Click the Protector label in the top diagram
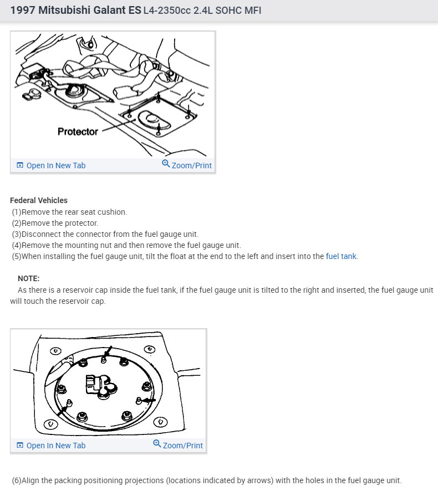(x=78, y=132)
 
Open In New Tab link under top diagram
(x=55, y=165)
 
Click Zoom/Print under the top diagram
(x=191, y=165)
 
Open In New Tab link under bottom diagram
(x=55, y=446)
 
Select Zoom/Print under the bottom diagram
(x=182, y=446)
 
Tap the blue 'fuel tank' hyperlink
(x=342, y=256)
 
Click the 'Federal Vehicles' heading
(x=39, y=200)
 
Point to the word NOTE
(x=29, y=278)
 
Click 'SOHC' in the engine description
(x=232, y=11)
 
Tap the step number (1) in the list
(x=17, y=211)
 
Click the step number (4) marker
(x=17, y=245)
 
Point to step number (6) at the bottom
(x=17, y=480)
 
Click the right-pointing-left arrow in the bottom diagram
(x=149, y=400)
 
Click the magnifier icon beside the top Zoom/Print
(x=166, y=164)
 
